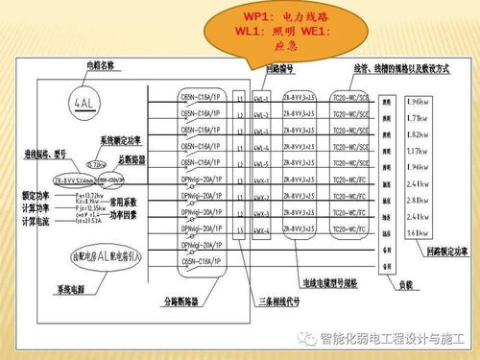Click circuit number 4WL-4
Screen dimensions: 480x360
pyautogui.click(x=261, y=151)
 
